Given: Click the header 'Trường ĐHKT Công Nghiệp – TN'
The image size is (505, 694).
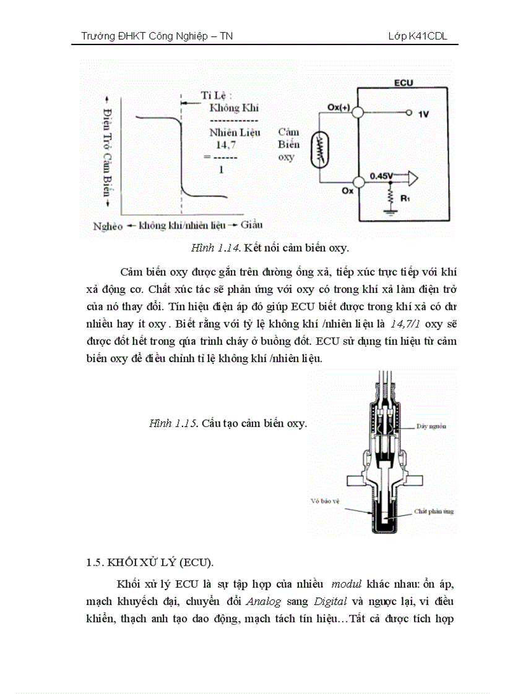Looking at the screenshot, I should (x=157, y=36).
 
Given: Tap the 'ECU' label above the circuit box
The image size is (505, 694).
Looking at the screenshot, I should (x=403, y=82).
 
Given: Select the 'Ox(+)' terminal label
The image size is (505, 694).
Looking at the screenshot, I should (x=339, y=107).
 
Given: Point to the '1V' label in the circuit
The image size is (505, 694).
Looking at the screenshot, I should (x=423, y=114).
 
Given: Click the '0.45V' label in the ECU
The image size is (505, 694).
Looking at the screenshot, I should (x=381, y=176).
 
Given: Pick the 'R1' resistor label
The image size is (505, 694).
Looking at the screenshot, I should (x=405, y=200).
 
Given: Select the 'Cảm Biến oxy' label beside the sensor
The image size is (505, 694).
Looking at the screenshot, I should (x=288, y=145).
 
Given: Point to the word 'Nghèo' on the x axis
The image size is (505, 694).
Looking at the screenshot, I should (x=108, y=226).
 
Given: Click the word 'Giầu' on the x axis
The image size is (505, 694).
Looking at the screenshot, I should (x=251, y=224).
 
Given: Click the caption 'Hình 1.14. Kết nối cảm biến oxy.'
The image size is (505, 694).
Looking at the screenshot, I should (x=270, y=248).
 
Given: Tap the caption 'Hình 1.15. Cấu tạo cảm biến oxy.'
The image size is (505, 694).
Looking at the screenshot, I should (x=228, y=423).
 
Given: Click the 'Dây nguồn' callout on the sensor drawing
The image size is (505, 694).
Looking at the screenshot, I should (x=431, y=426).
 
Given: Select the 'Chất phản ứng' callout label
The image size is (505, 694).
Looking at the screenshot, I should (x=433, y=512).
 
